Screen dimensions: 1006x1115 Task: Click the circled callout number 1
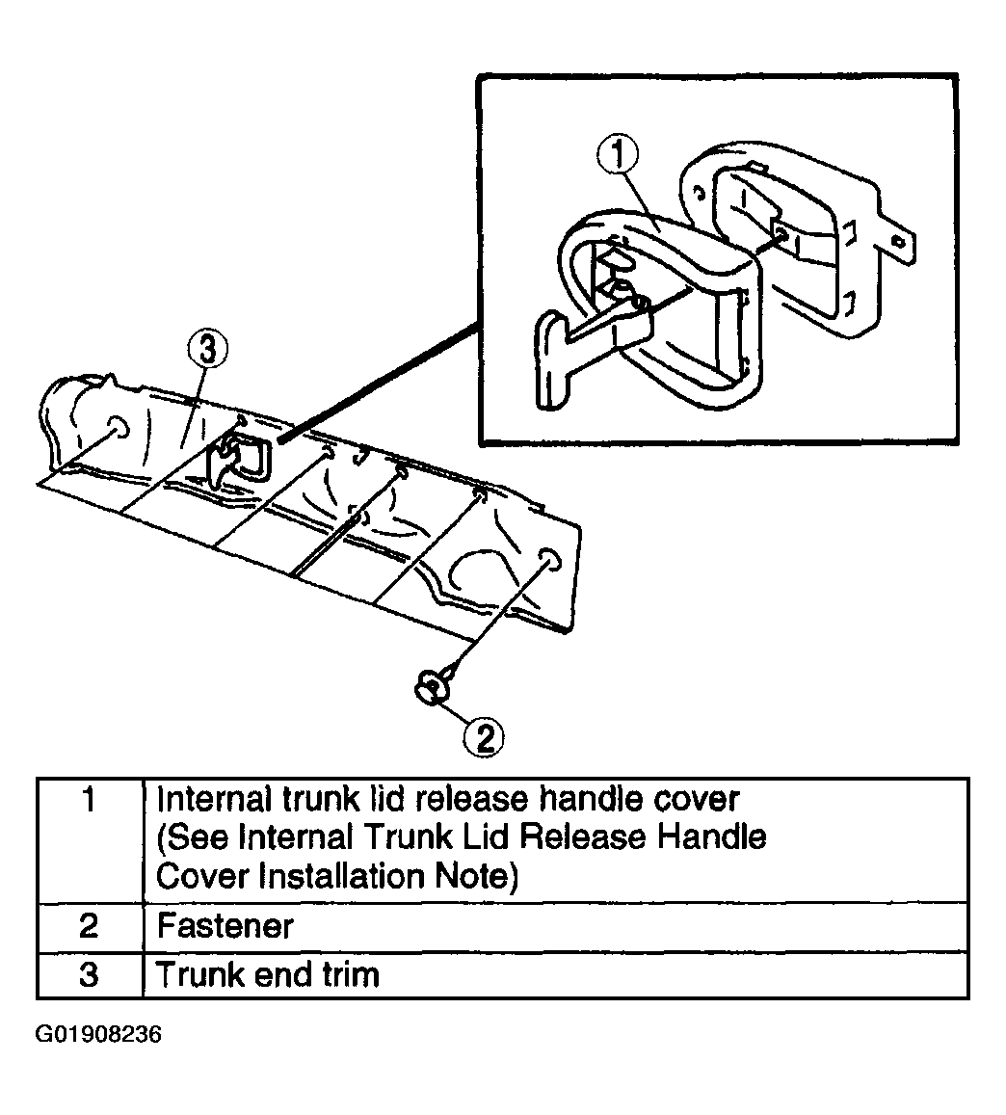coord(617,155)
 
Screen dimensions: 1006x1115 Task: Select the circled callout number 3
coord(207,349)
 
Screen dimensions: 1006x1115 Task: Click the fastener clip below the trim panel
coord(433,685)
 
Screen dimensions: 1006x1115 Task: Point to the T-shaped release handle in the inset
coord(583,341)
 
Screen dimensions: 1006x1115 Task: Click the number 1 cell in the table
coord(89,840)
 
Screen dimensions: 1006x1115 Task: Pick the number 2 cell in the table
coord(89,927)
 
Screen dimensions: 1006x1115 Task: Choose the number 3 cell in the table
coord(89,975)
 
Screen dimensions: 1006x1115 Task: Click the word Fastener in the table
coord(225,926)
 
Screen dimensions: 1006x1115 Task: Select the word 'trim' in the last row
coord(351,975)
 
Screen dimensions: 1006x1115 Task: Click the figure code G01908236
coord(98,1034)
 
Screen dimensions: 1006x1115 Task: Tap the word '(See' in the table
coord(193,837)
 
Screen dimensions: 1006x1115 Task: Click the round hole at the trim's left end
coord(118,427)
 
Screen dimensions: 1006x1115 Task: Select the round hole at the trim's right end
coord(549,560)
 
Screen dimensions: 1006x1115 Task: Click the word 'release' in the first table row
coord(472,799)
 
